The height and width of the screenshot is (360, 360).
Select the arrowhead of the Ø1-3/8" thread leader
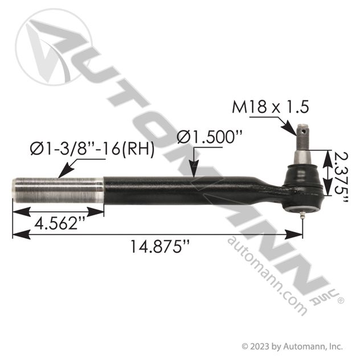coord(61,174)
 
